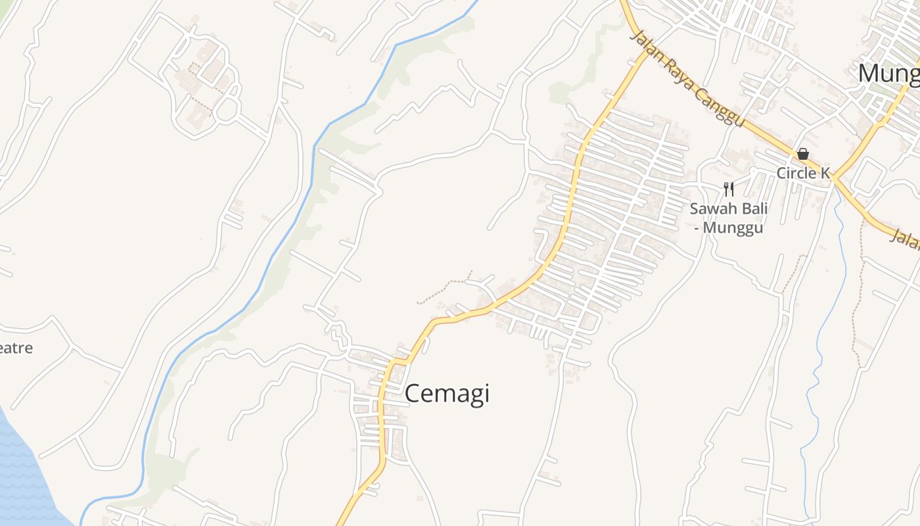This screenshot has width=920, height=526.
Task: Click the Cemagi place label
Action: coord(447,394)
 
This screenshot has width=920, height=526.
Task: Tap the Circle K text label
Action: coord(803,173)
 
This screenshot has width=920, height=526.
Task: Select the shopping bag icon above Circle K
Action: coord(802,155)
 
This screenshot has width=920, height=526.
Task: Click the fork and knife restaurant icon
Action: coord(728,189)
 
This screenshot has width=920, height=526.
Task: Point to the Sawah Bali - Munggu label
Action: coord(728,218)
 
